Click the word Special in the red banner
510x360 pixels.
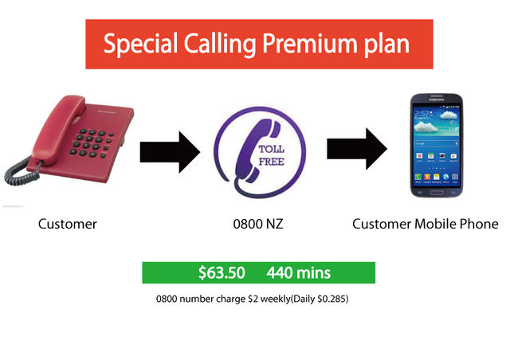pos(140,44)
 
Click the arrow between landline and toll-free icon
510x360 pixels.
pos(170,152)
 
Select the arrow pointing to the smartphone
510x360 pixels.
pos(357,149)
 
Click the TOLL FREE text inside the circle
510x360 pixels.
pos(271,155)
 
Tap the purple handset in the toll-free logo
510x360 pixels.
pos(255,151)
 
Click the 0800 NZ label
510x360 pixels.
pos(258,224)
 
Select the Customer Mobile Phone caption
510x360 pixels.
pos(425,224)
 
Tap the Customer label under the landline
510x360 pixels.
pos(67,224)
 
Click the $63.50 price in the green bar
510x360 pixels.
pos(222,272)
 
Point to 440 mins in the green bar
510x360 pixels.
pos(298,272)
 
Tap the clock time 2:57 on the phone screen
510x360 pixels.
pos(422,114)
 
